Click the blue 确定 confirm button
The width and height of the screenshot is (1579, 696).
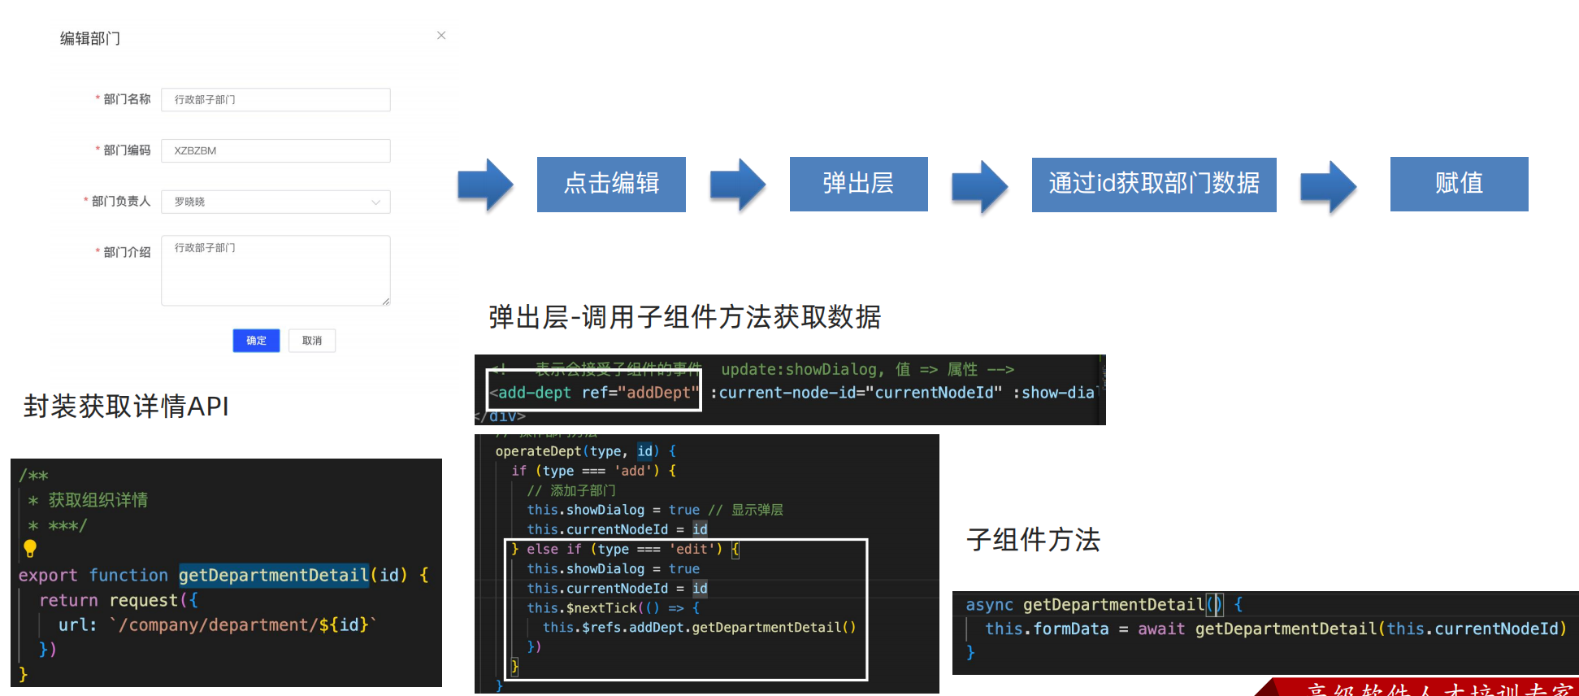click(x=256, y=341)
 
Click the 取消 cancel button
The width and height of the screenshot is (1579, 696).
click(x=312, y=341)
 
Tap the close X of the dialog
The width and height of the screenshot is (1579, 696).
click(x=441, y=35)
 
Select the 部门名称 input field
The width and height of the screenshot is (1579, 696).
click(x=275, y=99)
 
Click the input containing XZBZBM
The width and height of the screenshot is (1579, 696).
click(x=275, y=150)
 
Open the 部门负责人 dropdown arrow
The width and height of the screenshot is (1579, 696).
click(x=375, y=202)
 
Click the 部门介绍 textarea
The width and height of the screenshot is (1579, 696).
click(x=275, y=270)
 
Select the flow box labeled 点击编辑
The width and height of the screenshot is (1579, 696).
click(x=611, y=184)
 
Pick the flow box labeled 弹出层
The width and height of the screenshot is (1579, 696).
click(x=858, y=184)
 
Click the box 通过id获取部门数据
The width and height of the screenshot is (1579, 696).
click(x=1153, y=184)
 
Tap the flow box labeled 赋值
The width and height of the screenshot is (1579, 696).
click(x=1459, y=184)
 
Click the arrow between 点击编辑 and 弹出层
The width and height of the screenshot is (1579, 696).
click(x=737, y=185)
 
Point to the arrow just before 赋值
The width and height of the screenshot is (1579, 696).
click(x=1328, y=186)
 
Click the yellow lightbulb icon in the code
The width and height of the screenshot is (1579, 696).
click(x=30, y=549)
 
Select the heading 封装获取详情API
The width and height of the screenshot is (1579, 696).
click(x=126, y=406)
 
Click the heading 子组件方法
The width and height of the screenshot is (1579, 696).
click(x=1033, y=539)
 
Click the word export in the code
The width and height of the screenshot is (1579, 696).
click(x=48, y=576)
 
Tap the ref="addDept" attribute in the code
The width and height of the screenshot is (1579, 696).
click(x=640, y=393)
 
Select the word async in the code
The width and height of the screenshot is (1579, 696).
click(x=989, y=605)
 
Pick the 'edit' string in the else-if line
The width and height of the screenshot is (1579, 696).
click(x=691, y=550)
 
